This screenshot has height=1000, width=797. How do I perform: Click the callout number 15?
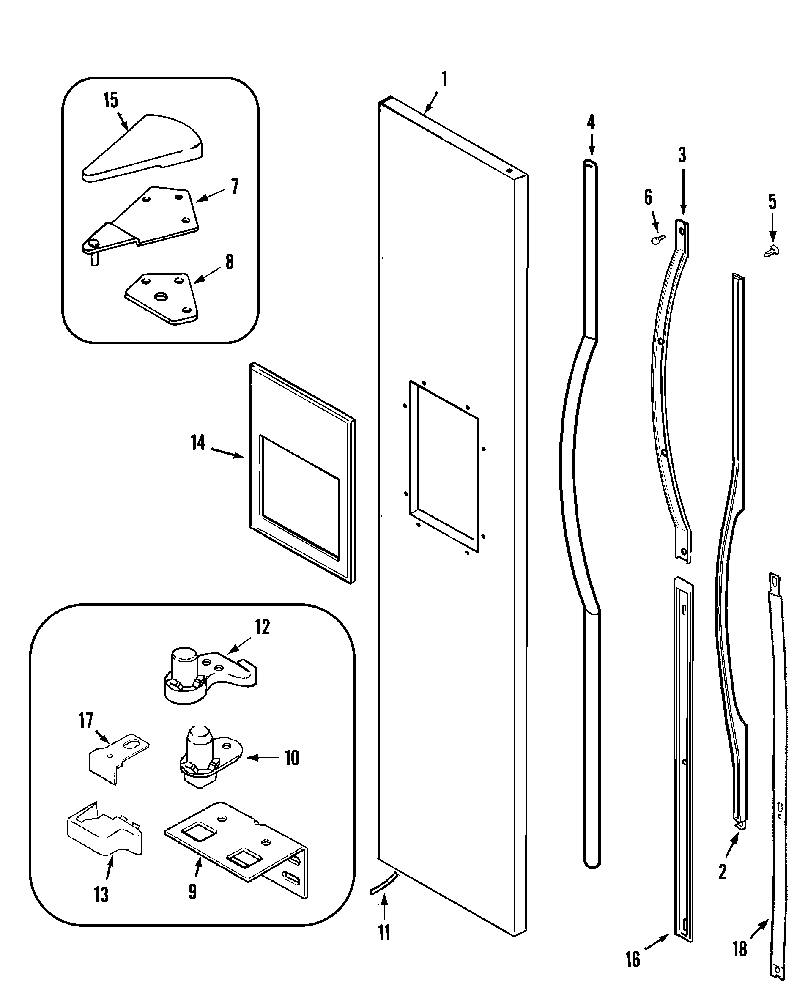point(110,100)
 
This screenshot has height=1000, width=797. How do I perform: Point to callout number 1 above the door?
point(444,79)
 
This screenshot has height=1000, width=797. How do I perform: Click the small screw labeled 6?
point(657,239)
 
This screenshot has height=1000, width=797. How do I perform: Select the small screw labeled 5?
point(772,251)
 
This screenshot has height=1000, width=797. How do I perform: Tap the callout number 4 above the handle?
point(591,123)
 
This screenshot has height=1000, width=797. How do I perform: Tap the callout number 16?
point(632,959)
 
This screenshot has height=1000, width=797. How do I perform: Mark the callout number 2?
point(722,872)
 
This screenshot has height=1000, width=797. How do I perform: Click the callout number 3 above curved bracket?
point(682,155)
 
